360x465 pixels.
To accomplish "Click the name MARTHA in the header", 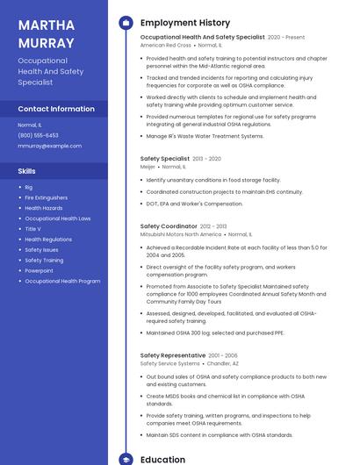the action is [x=45, y=24].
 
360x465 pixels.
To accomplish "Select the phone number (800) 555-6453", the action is [x=38, y=135].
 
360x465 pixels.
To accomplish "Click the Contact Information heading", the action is [x=56, y=109].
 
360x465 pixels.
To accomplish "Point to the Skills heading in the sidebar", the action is [x=27, y=171].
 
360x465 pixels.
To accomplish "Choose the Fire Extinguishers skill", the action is [x=46, y=197].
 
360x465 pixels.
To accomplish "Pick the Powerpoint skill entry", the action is [x=39, y=271].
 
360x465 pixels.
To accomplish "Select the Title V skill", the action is [x=32, y=229].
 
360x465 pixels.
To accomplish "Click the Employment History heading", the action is [x=185, y=23].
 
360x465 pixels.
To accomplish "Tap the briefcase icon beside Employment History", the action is [x=126, y=23].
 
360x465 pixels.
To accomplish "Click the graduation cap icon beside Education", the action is [x=126, y=459].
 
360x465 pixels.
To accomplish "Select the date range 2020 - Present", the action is [x=286, y=38].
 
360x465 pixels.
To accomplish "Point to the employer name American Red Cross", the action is [x=165, y=45].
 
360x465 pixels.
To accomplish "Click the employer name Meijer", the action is [x=148, y=166].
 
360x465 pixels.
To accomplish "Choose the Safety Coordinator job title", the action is [x=169, y=226].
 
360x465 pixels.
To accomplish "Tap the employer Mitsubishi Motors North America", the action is [x=181, y=234].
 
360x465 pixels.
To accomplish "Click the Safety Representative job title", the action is [x=173, y=355].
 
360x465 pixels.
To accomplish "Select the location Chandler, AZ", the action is [x=222, y=363].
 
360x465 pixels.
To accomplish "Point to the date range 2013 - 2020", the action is [x=206, y=159].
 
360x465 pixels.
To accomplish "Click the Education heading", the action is [x=162, y=459].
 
